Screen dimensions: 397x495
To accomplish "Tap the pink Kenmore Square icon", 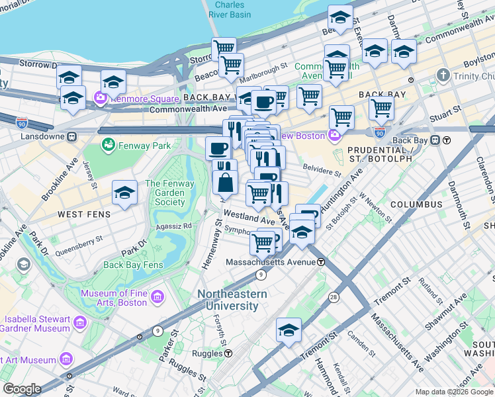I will pyautogui.click(x=101, y=99).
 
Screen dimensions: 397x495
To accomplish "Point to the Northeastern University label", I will pyautogui.click(x=232, y=300).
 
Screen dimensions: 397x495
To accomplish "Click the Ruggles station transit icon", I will pyautogui.click(x=228, y=353).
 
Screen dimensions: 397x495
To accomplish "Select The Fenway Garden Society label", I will pyautogui.click(x=169, y=193).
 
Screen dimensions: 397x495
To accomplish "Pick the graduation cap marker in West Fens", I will pyautogui.click(x=124, y=193).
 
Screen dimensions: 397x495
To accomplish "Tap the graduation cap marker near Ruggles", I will pyautogui.click(x=289, y=330).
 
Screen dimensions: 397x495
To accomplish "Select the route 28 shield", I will pyautogui.click(x=332, y=297).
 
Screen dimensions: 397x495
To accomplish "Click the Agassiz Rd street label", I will pyautogui.click(x=173, y=226).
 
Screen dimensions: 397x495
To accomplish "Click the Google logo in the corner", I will pyautogui.click(x=22, y=389).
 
